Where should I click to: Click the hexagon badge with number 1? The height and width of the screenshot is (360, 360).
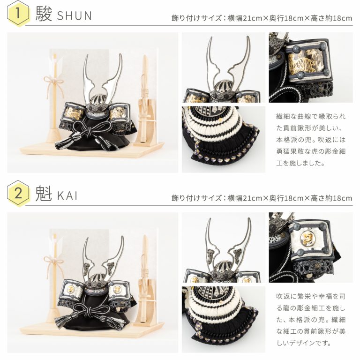click(x=18, y=14)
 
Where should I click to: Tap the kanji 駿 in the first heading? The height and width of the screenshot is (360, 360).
click(x=44, y=14)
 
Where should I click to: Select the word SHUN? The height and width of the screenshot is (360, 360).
click(x=75, y=15)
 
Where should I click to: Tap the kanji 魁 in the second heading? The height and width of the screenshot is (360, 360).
click(x=44, y=194)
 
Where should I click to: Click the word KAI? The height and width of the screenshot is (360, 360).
click(x=67, y=195)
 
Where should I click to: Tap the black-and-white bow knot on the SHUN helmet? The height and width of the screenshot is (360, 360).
click(x=86, y=133)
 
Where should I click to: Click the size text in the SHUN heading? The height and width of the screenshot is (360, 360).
click(x=262, y=18)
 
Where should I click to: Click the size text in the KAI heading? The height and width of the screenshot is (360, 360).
click(x=262, y=198)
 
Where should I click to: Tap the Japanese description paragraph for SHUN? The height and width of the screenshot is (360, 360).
click(x=311, y=140)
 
